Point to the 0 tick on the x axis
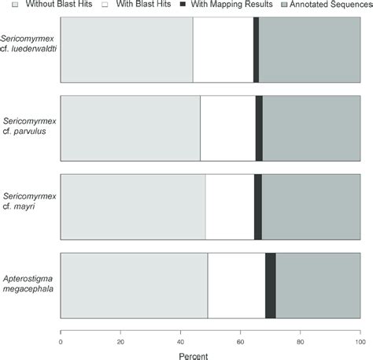coord(61,342)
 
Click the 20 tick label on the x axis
coord(120,342)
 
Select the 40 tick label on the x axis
coord(180,342)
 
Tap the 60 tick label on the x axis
coord(240,342)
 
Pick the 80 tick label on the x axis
coord(300,342)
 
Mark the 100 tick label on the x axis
coord(359,342)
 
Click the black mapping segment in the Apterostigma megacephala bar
coord(270,285)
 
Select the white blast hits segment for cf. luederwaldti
coord(223,48)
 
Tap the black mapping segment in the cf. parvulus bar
coord(259,128)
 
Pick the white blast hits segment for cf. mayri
coord(230,206)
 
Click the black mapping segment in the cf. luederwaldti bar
coord(256,48)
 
